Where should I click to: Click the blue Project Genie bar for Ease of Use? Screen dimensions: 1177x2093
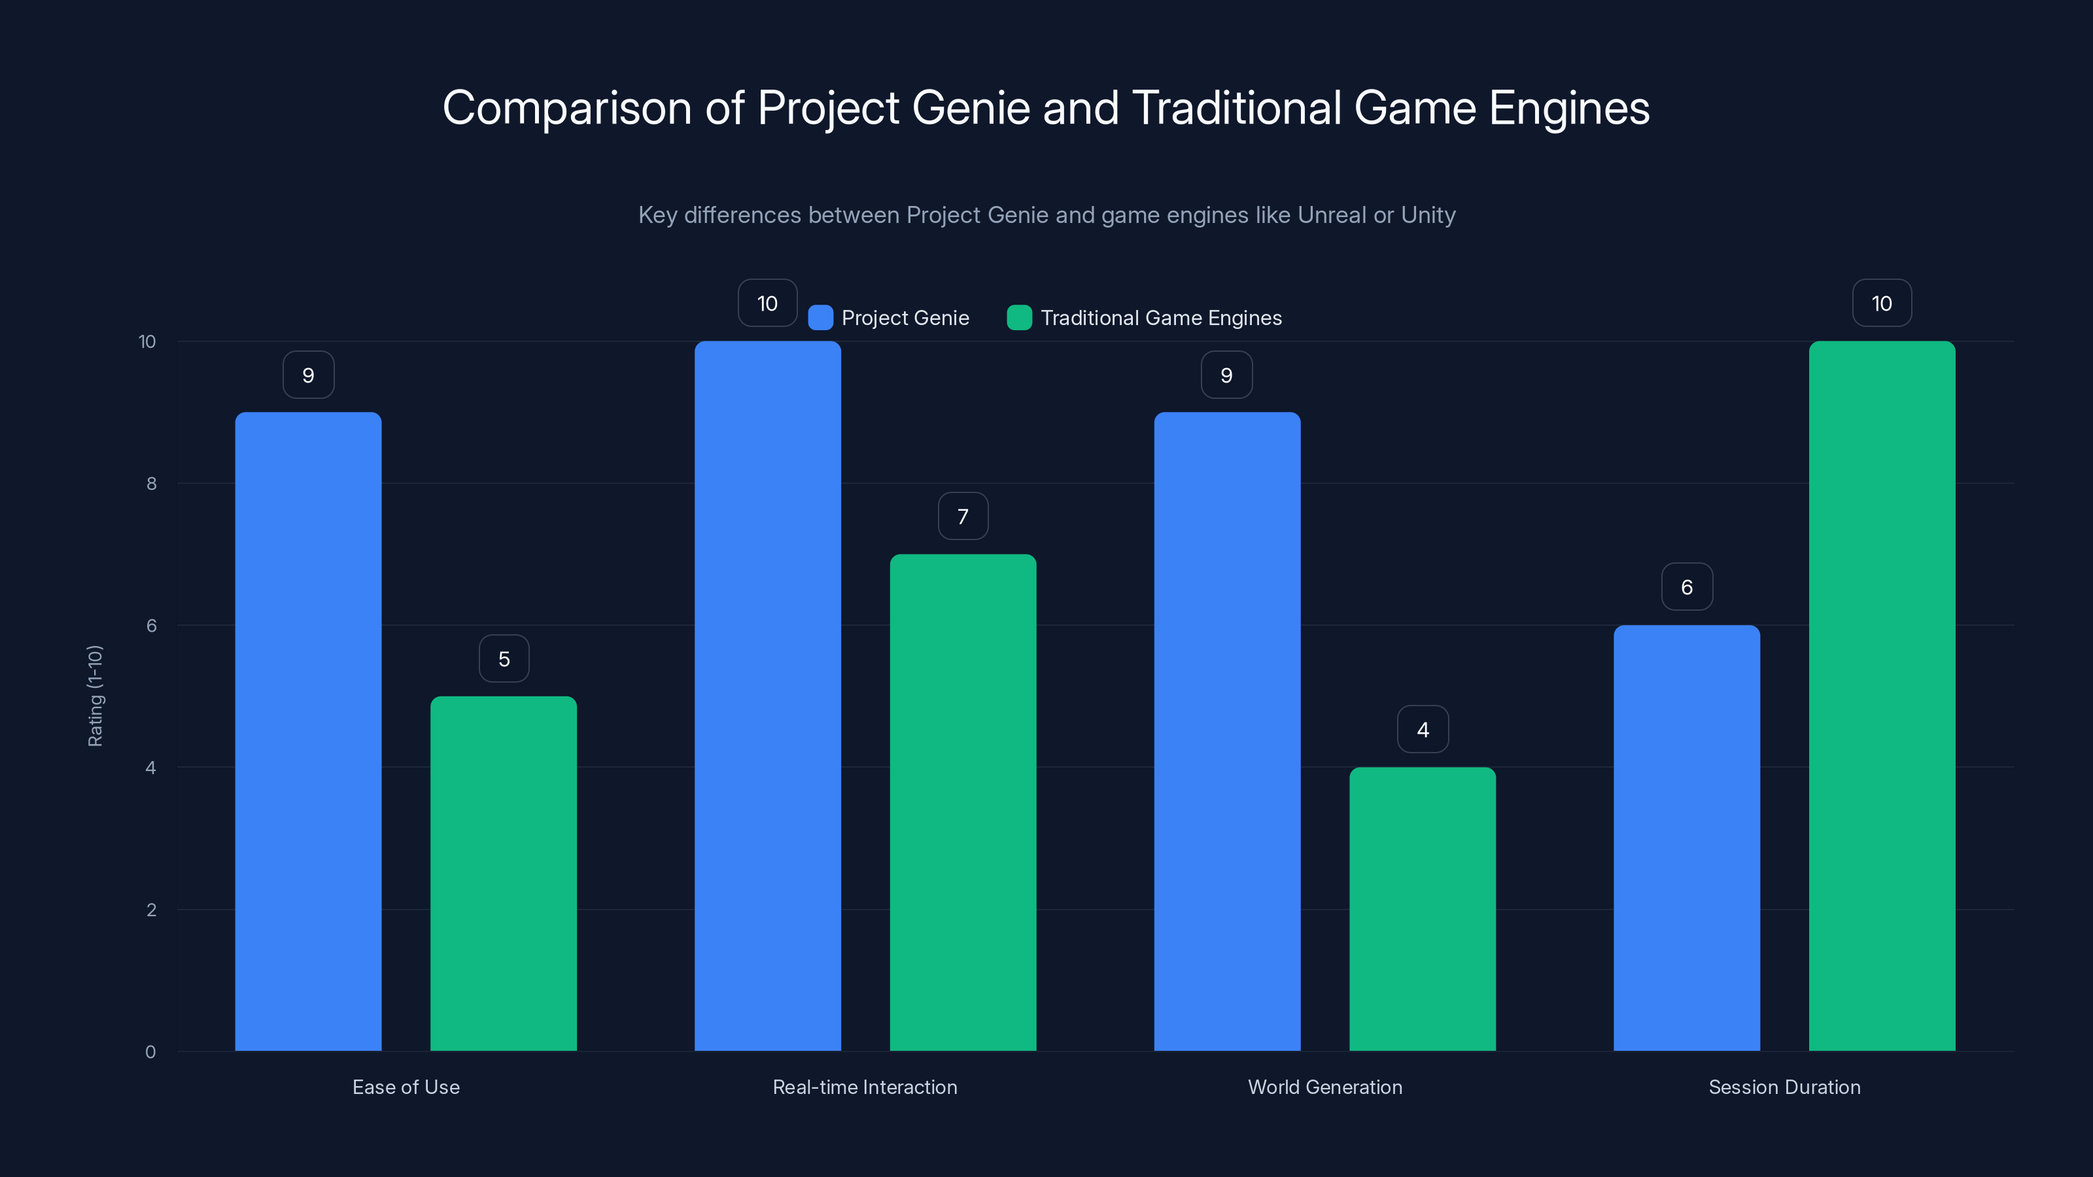308,731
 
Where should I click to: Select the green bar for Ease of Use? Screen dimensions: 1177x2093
503,873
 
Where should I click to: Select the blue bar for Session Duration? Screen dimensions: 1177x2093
1686,838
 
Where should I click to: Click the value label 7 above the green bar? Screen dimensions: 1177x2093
963,517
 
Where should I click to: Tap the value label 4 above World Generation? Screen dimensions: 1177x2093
1423,730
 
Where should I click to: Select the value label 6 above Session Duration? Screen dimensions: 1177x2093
1687,587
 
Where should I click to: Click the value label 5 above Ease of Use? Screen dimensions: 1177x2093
504,658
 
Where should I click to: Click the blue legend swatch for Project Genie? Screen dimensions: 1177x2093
821,318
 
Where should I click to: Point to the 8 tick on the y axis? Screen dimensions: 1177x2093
151,483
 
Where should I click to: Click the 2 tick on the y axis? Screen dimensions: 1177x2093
151,910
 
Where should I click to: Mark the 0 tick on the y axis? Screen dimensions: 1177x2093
150,1052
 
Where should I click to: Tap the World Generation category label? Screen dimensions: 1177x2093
1324,1087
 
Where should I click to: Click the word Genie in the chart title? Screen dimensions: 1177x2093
971,108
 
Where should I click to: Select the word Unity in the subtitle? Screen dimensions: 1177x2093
1428,215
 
